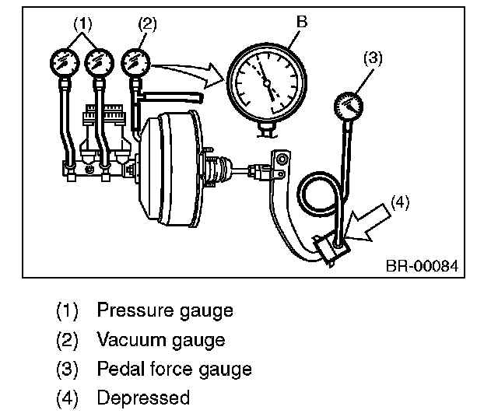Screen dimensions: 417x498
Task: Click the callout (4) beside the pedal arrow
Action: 399,202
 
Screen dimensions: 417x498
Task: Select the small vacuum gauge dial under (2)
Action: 137,60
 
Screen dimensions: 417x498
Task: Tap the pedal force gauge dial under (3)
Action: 349,107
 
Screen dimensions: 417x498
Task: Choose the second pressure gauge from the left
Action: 99,60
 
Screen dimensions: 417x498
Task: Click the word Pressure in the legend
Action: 132,311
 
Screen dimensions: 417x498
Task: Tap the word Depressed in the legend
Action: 143,398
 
